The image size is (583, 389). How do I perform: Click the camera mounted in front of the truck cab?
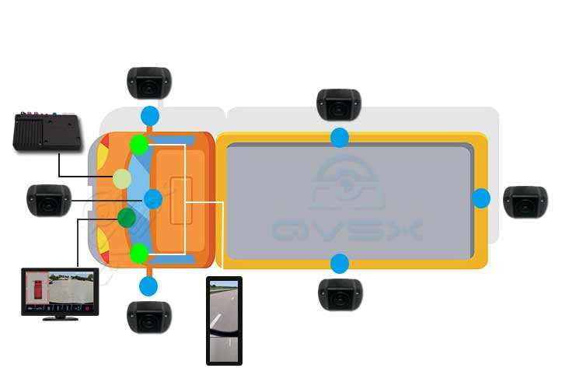tap(48, 200)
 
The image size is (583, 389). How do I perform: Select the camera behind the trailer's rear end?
tap(525, 202)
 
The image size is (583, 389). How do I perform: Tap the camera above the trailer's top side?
tap(339, 104)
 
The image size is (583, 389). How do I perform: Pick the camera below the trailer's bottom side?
tap(340, 293)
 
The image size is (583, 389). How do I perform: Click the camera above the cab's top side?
tap(148, 82)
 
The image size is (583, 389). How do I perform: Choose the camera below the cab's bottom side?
tap(148, 316)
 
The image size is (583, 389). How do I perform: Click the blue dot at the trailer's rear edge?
tap(481, 198)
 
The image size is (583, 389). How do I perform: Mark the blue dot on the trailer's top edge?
tap(340, 138)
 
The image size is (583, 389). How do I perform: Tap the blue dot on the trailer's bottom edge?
tap(340, 262)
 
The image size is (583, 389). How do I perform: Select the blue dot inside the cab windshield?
tap(153, 199)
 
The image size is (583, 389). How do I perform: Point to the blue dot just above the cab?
tap(149, 117)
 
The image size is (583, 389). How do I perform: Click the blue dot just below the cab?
tap(148, 286)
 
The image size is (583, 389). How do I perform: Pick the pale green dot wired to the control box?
tap(122, 179)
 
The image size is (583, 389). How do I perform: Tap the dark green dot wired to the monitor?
tap(126, 217)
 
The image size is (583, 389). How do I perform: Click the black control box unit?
tap(48, 133)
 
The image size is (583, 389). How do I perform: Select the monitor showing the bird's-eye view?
tap(60, 293)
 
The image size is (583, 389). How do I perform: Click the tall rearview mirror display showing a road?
tap(224, 320)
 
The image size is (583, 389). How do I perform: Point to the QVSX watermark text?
tap(347, 231)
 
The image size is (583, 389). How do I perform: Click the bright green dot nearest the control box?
tap(139, 144)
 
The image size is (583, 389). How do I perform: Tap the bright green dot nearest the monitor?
tap(139, 253)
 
